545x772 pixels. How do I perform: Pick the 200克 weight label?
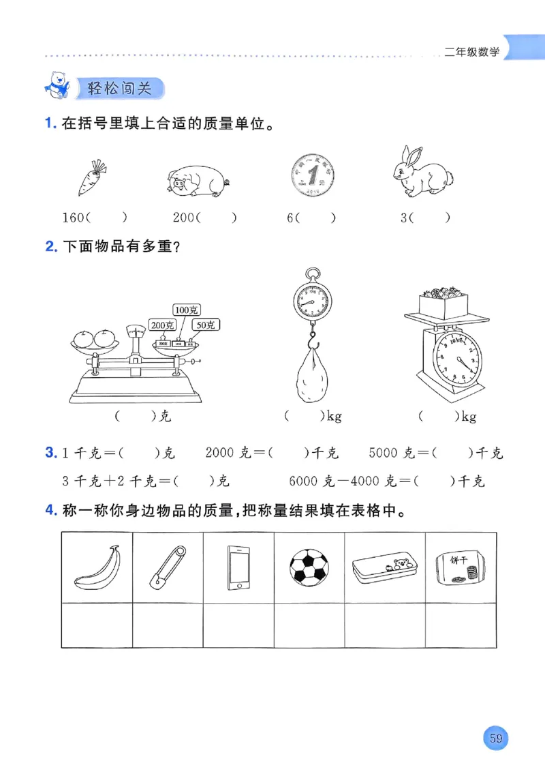(x=163, y=325)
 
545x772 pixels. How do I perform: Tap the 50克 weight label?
(x=205, y=325)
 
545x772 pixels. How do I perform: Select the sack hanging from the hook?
(x=312, y=376)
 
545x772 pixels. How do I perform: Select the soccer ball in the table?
(x=309, y=568)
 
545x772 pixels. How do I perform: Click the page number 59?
(x=495, y=738)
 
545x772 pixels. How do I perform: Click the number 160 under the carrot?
(x=73, y=218)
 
